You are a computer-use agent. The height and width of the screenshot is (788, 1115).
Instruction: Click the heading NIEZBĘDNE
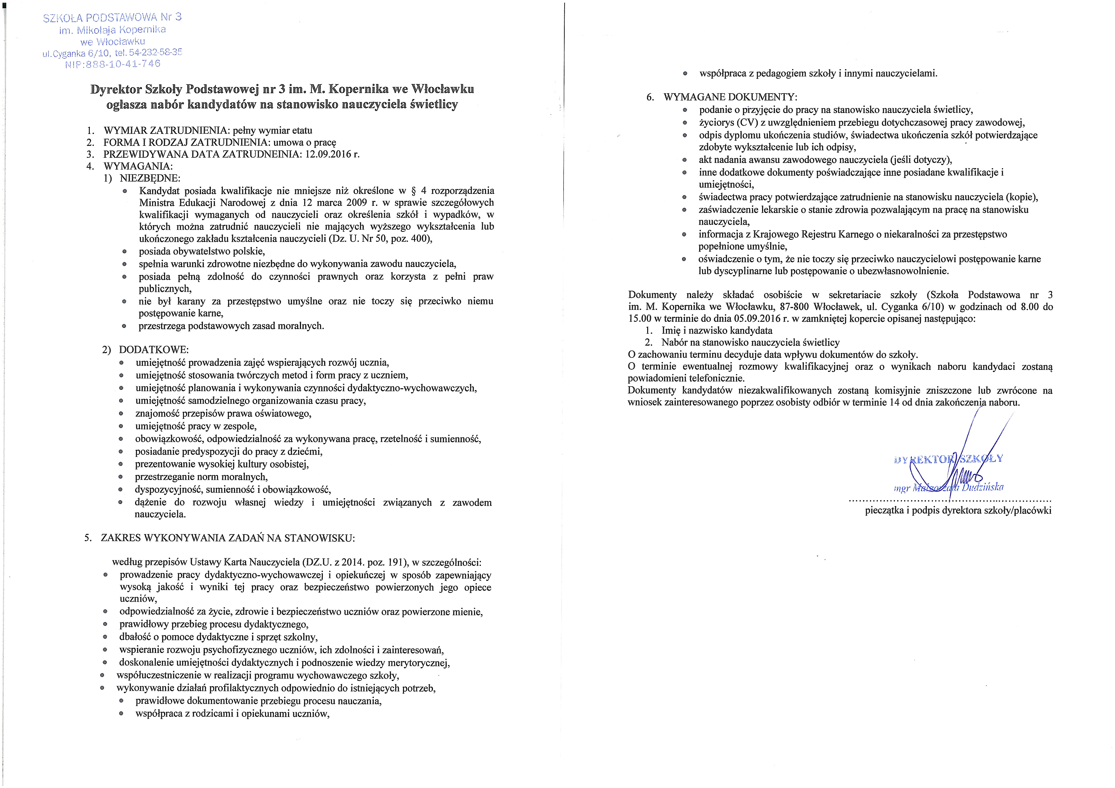pos(149,178)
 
